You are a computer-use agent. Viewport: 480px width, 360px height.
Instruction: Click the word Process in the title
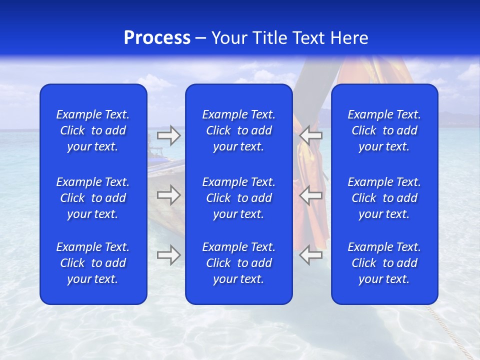tap(157, 38)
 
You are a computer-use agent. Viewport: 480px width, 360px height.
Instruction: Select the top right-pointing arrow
tap(169, 135)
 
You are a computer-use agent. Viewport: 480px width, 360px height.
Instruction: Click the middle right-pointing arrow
tap(169, 195)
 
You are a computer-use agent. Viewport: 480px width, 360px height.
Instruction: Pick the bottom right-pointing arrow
tap(169, 255)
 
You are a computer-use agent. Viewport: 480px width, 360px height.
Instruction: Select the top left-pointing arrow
tap(310, 135)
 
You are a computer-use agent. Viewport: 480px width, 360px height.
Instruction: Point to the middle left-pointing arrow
tap(310, 195)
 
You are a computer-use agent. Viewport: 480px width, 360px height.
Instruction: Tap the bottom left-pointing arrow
tap(310, 255)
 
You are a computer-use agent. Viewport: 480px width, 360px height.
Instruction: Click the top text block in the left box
tap(93, 130)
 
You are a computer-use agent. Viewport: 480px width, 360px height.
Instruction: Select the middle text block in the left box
tap(93, 198)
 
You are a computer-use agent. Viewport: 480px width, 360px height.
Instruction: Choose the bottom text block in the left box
tap(93, 263)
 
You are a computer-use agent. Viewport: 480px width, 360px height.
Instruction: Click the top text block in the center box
tap(239, 130)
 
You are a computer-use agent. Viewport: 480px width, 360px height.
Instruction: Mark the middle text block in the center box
tap(239, 198)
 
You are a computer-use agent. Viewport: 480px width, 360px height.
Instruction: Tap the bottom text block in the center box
tap(239, 263)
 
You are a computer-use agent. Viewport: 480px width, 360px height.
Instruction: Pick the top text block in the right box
tap(384, 130)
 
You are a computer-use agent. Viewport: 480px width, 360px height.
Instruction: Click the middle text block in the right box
tap(384, 198)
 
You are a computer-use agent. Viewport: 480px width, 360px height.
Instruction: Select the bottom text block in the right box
tap(384, 263)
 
